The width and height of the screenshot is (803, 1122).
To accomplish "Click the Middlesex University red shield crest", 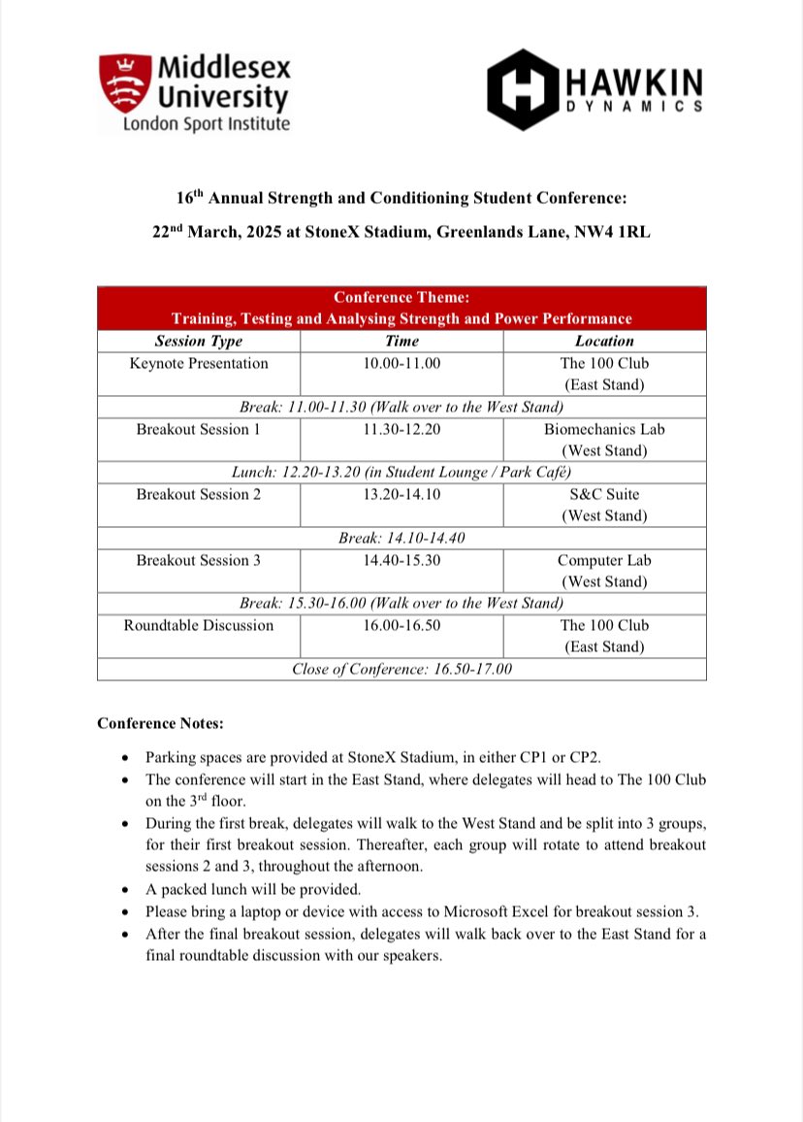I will (x=125, y=84).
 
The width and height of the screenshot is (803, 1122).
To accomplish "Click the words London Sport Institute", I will (x=205, y=124).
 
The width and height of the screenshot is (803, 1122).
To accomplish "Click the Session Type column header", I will (x=199, y=341).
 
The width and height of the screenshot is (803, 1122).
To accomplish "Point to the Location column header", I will (x=604, y=341).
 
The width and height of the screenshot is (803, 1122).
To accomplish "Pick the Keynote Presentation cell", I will (x=199, y=363).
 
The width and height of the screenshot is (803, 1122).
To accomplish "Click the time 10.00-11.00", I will (x=401, y=363).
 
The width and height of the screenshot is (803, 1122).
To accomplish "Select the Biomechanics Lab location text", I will (x=604, y=429).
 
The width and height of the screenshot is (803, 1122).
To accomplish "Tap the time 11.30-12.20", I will (x=401, y=429).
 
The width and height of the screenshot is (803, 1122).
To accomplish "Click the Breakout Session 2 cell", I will (x=199, y=494).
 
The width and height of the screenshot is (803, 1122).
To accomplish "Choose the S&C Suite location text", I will (x=604, y=494).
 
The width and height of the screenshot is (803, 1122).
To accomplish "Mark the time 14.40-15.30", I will (x=401, y=560).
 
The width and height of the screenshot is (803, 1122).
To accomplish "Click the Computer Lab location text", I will (x=604, y=560).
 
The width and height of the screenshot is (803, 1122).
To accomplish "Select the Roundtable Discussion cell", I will (x=199, y=625).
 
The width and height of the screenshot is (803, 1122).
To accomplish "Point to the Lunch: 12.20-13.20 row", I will (x=401, y=472).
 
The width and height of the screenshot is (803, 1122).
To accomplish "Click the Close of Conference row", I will (x=401, y=669).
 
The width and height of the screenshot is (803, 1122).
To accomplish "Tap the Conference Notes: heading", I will (x=161, y=724).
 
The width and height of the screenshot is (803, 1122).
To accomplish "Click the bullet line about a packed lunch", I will (x=251, y=888).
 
